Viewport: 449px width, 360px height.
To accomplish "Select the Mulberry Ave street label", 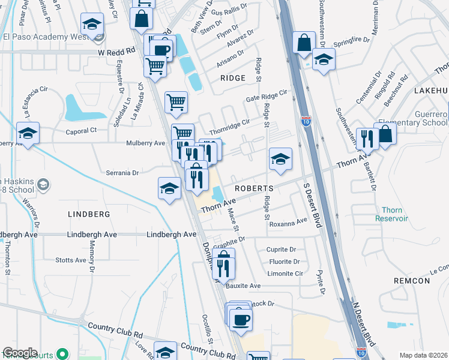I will pyautogui.click(x=145, y=143).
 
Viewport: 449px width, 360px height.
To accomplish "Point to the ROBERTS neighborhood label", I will pyautogui.click(x=253, y=188).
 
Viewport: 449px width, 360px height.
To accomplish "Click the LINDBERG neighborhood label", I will pyautogui.click(x=89, y=214).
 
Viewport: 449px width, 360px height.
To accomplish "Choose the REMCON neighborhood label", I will pyautogui.click(x=412, y=281).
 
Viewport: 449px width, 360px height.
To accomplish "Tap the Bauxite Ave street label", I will pyautogui.click(x=243, y=286).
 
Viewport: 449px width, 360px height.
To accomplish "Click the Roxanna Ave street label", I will pyautogui.click(x=288, y=223).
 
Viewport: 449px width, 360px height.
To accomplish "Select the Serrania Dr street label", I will pyautogui.click(x=123, y=172).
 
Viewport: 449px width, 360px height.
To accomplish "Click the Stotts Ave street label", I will pyautogui.click(x=71, y=260).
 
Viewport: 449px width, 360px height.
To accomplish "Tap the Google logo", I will pyautogui.click(x=20, y=353).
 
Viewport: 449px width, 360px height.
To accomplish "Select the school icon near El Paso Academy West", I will pyautogui.click(x=92, y=25).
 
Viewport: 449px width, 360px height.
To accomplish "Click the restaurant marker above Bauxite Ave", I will pyautogui.click(x=223, y=265).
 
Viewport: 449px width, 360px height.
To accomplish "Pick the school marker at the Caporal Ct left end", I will pyautogui.click(x=28, y=134).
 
